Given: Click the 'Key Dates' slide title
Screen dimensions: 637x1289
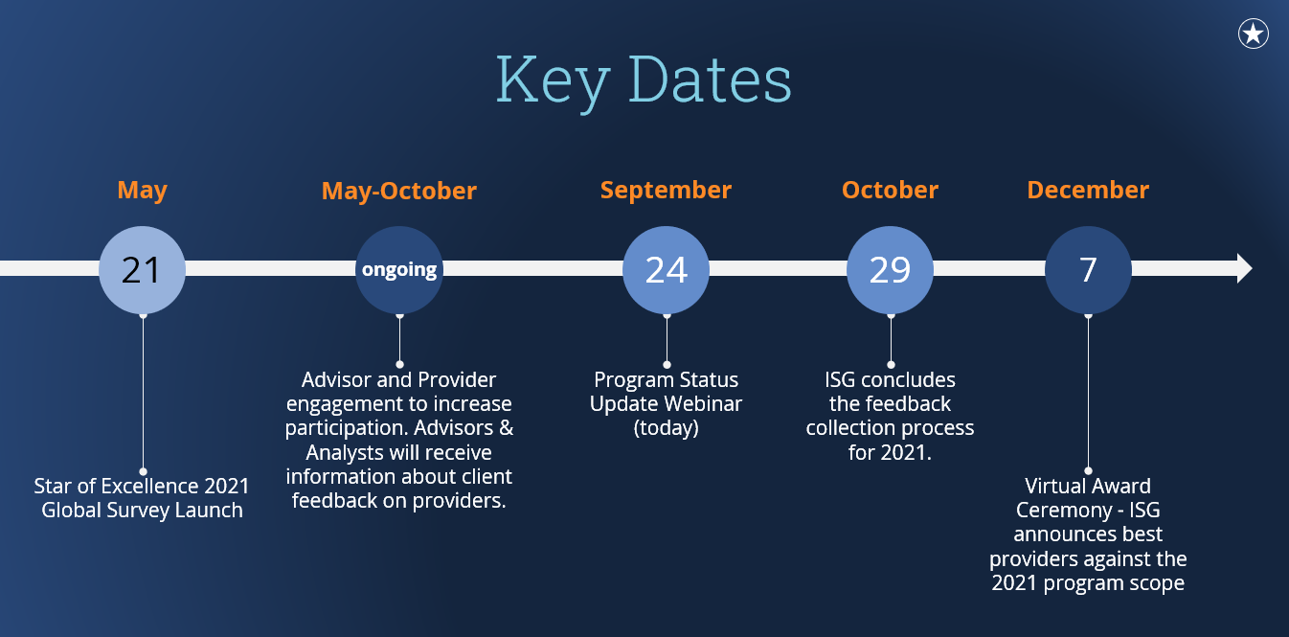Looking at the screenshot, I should (644, 81).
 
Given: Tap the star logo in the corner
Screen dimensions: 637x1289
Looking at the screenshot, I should (1253, 34).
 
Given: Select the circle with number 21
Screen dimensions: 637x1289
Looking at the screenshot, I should (142, 269).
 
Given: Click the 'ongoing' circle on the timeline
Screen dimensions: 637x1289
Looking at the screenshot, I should (399, 269).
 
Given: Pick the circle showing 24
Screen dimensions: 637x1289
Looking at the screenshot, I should (666, 269).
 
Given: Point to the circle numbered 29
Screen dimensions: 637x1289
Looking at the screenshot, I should (890, 269).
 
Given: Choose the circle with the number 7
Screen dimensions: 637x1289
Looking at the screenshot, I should (1088, 269).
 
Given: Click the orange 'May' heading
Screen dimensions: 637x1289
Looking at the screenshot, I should (142, 190).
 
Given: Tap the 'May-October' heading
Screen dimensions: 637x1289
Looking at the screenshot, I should (398, 191).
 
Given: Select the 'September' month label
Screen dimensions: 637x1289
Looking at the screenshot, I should (666, 190).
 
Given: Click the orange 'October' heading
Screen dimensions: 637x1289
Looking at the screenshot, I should (890, 190).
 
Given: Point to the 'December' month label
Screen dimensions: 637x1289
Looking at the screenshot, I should (1088, 190).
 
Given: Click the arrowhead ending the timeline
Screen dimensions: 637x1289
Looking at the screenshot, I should (1243, 269).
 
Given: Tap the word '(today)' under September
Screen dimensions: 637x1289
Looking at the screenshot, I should (666, 428).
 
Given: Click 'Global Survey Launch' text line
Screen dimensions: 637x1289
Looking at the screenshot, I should (142, 511).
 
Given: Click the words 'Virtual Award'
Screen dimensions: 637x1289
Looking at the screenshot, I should (1088, 486).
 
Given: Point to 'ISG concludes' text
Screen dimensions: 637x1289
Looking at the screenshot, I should (890, 379).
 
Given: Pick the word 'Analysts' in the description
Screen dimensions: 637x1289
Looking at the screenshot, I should (351, 452).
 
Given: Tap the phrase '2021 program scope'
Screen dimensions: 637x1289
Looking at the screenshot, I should (1088, 582).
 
